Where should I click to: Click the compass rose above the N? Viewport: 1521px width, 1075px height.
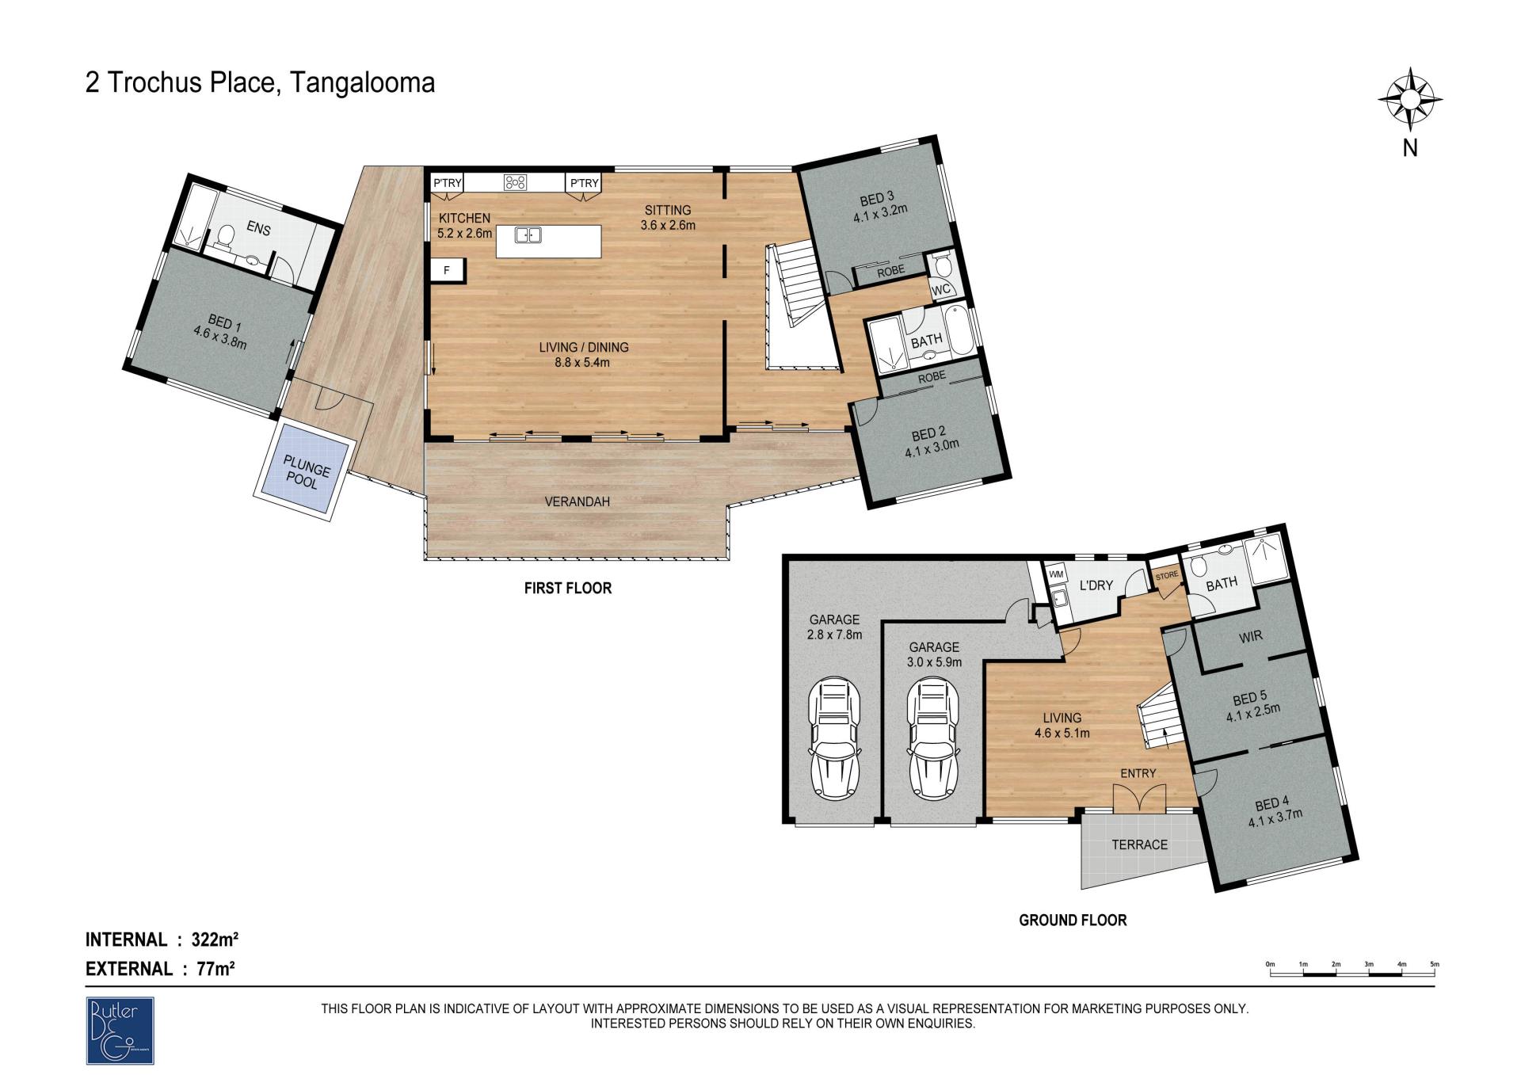tap(1410, 100)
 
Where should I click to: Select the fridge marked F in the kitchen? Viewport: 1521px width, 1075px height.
tap(447, 271)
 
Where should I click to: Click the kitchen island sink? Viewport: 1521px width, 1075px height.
tap(528, 234)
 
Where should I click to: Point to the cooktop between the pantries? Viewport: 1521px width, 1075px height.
tap(515, 182)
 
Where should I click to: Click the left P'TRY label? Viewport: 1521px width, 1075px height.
tap(448, 184)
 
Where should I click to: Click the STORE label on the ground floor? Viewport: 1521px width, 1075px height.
tap(1167, 576)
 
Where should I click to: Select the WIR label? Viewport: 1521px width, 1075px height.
tap(1251, 636)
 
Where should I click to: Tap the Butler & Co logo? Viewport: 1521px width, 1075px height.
tap(120, 1030)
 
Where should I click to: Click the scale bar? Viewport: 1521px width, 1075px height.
tap(1352, 970)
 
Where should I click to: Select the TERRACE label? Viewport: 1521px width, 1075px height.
tap(1140, 844)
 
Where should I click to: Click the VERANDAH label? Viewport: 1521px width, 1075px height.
tap(578, 501)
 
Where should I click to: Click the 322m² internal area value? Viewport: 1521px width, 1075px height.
tap(215, 940)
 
